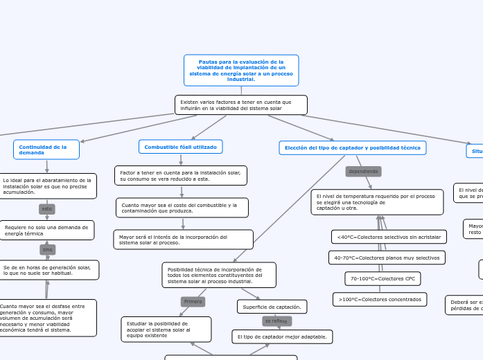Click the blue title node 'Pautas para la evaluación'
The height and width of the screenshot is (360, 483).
click(x=241, y=71)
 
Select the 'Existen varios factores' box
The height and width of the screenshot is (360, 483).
click(x=240, y=105)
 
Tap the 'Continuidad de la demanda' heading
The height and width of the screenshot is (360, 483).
click(x=46, y=150)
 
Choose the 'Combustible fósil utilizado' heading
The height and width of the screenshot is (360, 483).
click(x=180, y=147)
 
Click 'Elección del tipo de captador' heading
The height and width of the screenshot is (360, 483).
click(x=352, y=147)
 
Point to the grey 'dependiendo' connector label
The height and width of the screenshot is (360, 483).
click(x=363, y=171)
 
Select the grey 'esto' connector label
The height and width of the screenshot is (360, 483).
click(x=47, y=208)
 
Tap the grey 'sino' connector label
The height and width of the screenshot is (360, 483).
click(x=47, y=249)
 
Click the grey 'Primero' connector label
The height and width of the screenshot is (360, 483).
click(x=193, y=301)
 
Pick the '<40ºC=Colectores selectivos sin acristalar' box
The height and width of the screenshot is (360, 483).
click(x=389, y=237)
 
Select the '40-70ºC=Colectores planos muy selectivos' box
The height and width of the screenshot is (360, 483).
click(x=387, y=258)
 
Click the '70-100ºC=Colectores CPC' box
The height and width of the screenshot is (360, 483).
click(x=383, y=278)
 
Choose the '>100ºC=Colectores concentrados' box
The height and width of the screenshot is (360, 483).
click(x=380, y=299)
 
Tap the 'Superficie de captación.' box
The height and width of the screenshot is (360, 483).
click(x=272, y=306)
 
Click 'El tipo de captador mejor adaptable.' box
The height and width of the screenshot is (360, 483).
click(x=282, y=336)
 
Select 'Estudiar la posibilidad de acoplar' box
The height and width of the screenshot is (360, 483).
click(x=166, y=330)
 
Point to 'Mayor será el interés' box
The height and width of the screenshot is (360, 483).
click(x=182, y=240)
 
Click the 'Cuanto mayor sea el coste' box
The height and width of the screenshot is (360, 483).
click(x=182, y=208)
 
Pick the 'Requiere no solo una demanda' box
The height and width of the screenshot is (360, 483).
click(x=46, y=231)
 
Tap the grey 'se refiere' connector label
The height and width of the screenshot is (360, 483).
click(x=276, y=321)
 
